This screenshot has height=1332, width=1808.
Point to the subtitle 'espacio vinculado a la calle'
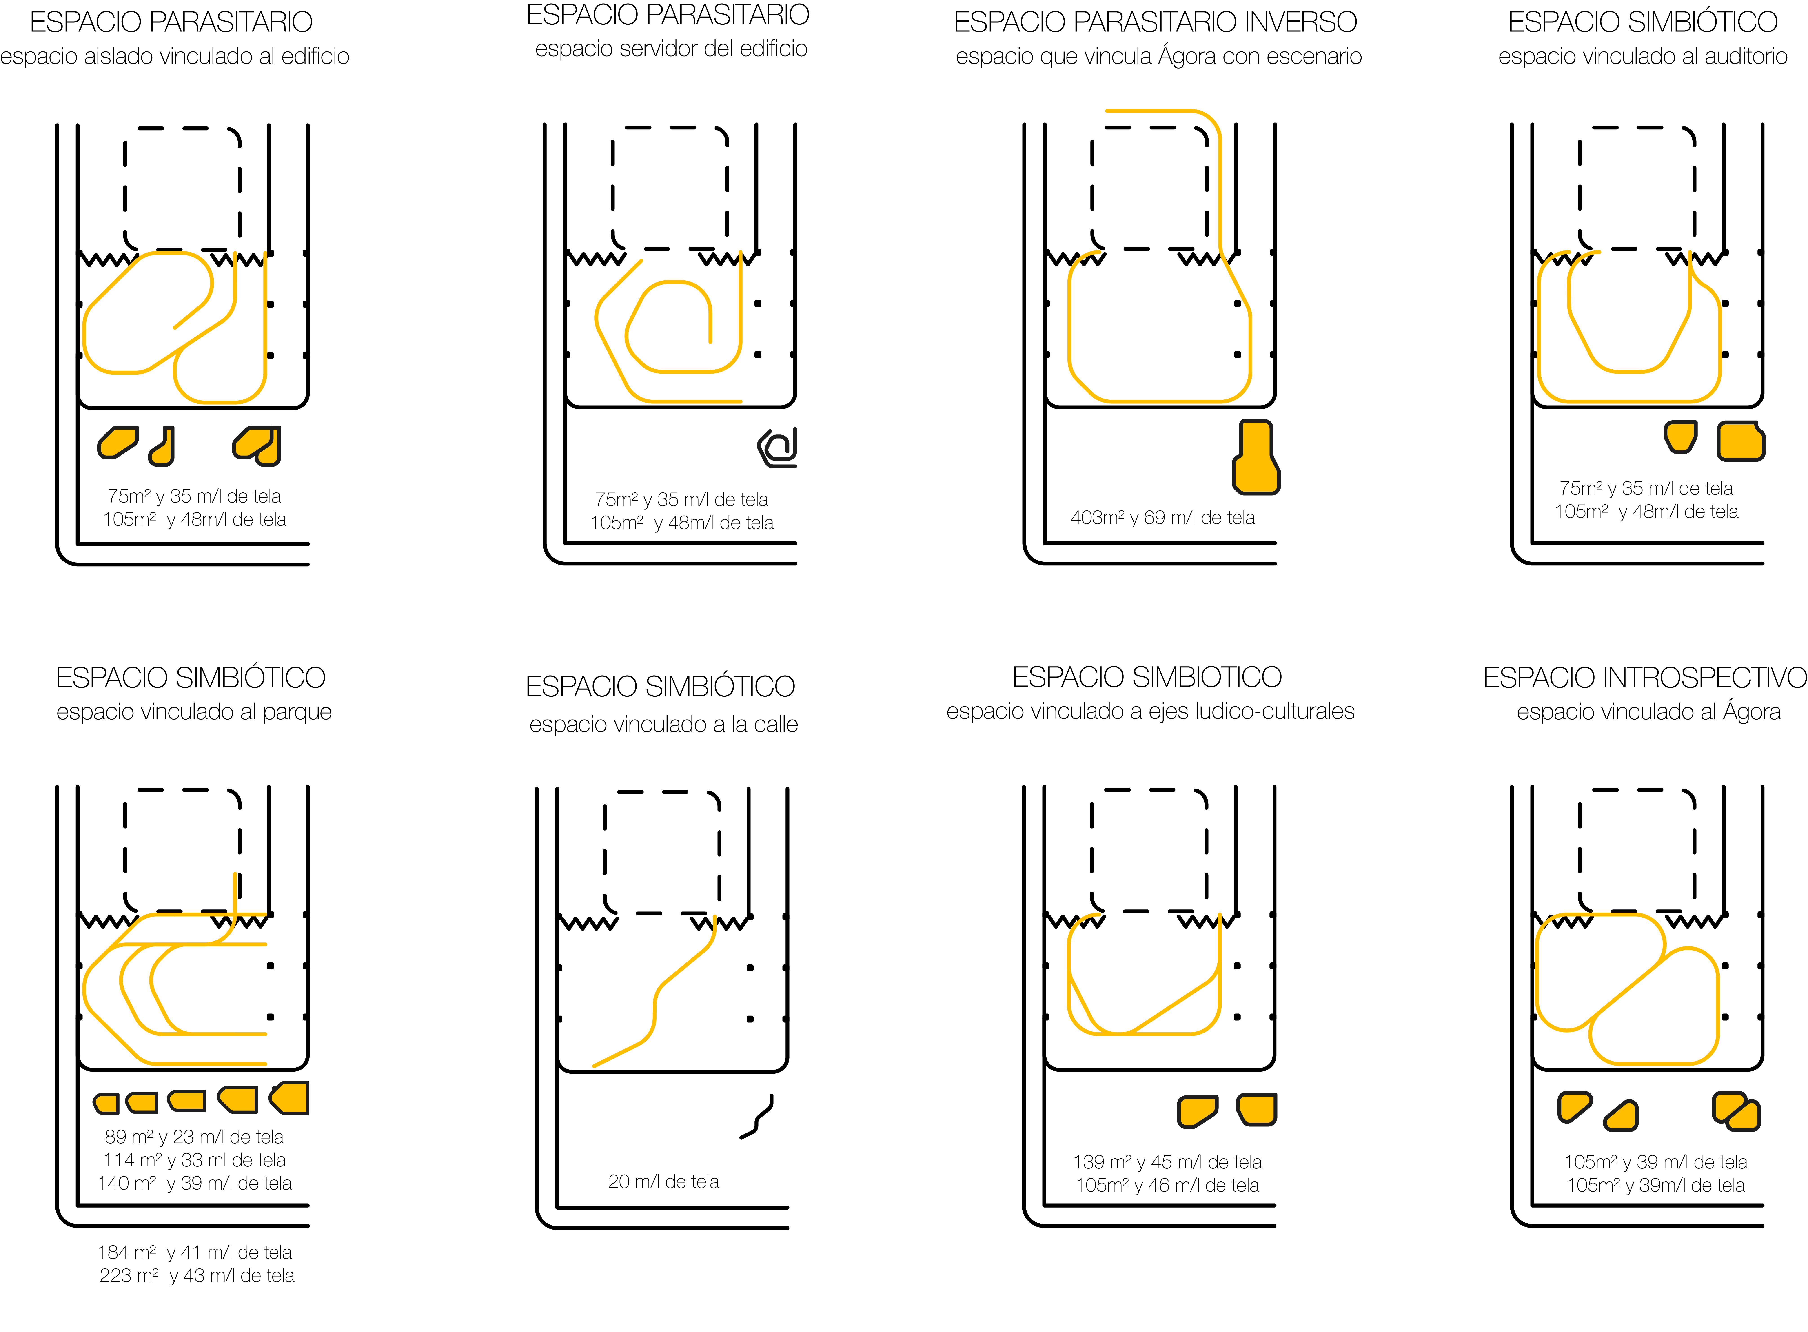pyautogui.click(x=664, y=724)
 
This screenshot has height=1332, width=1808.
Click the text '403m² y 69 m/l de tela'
pyautogui.click(x=1163, y=518)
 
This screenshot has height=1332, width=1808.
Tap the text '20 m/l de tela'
pyautogui.click(x=664, y=1182)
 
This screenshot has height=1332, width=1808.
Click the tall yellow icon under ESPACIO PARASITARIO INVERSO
pyautogui.click(x=1256, y=457)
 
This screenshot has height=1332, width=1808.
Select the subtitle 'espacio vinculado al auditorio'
pyautogui.click(x=1643, y=56)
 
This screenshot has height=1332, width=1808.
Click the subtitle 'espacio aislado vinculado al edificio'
pyautogui.click(x=175, y=56)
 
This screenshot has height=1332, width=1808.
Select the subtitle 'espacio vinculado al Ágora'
pyautogui.click(x=1648, y=712)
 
